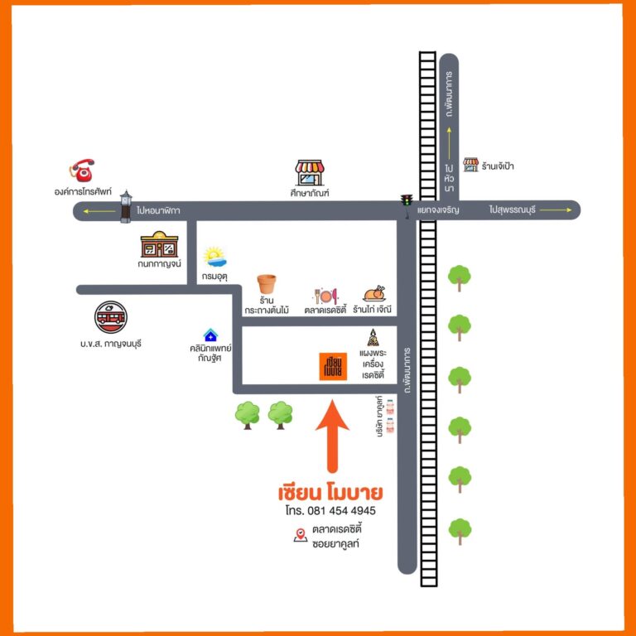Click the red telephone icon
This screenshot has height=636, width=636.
click(x=82, y=170)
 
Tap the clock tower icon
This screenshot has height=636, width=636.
click(x=126, y=206)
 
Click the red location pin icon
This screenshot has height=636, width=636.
click(x=301, y=536)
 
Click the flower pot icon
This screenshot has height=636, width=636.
click(x=266, y=284)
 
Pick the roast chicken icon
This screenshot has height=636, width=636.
click(x=374, y=294)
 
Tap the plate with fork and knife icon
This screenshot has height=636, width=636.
click(x=325, y=295)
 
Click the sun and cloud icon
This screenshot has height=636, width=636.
click(x=214, y=256)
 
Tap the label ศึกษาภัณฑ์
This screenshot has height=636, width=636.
click(x=310, y=192)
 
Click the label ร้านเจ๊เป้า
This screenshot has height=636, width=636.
click(x=499, y=166)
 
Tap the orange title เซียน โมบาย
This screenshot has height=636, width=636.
click(x=330, y=492)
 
